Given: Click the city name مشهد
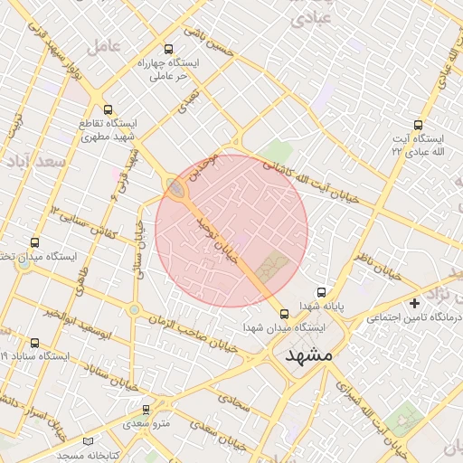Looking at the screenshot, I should (x=308, y=355).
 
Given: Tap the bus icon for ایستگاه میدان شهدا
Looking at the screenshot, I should (x=286, y=315).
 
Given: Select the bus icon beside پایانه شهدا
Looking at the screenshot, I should (x=322, y=293).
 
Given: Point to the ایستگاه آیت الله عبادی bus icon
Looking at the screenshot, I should (x=417, y=125).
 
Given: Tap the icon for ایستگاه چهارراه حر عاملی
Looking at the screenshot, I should (x=167, y=49).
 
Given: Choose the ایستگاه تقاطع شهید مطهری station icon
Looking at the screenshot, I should (x=109, y=109).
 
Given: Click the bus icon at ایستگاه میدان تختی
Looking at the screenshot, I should (x=34, y=242).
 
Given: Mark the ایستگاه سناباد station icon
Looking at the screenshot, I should (x=34, y=343).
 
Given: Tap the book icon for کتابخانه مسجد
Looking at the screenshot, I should (x=88, y=440).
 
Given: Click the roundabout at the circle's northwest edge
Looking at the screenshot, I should (x=175, y=187).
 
